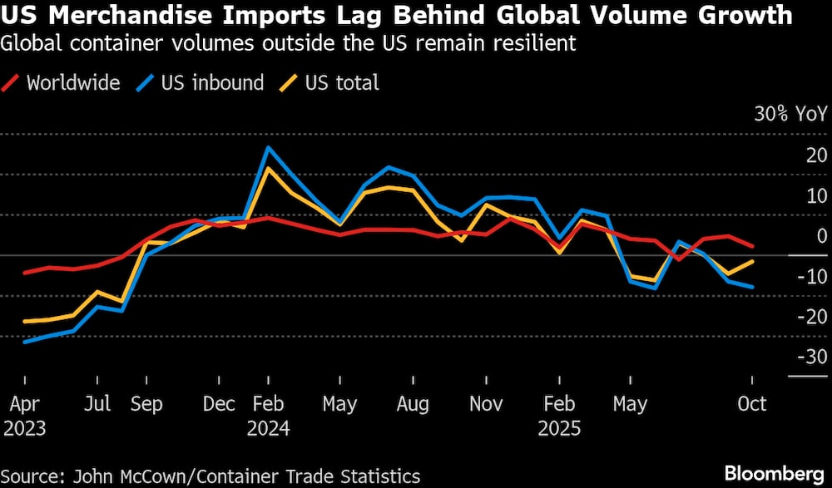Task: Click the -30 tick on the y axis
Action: (x=811, y=357)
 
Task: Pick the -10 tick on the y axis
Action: (x=811, y=276)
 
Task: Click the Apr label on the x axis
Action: (x=25, y=404)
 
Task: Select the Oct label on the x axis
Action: (x=752, y=404)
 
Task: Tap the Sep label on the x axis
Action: (x=146, y=404)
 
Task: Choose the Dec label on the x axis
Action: (x=219, y=404)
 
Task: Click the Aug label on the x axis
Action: (x=413, y=404)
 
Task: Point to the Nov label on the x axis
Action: (x=486, y=404)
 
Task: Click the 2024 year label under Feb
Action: (x=268, y=429)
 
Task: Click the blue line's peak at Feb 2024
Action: (x=268, y=147)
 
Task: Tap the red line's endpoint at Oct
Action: (x=752, y=246)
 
